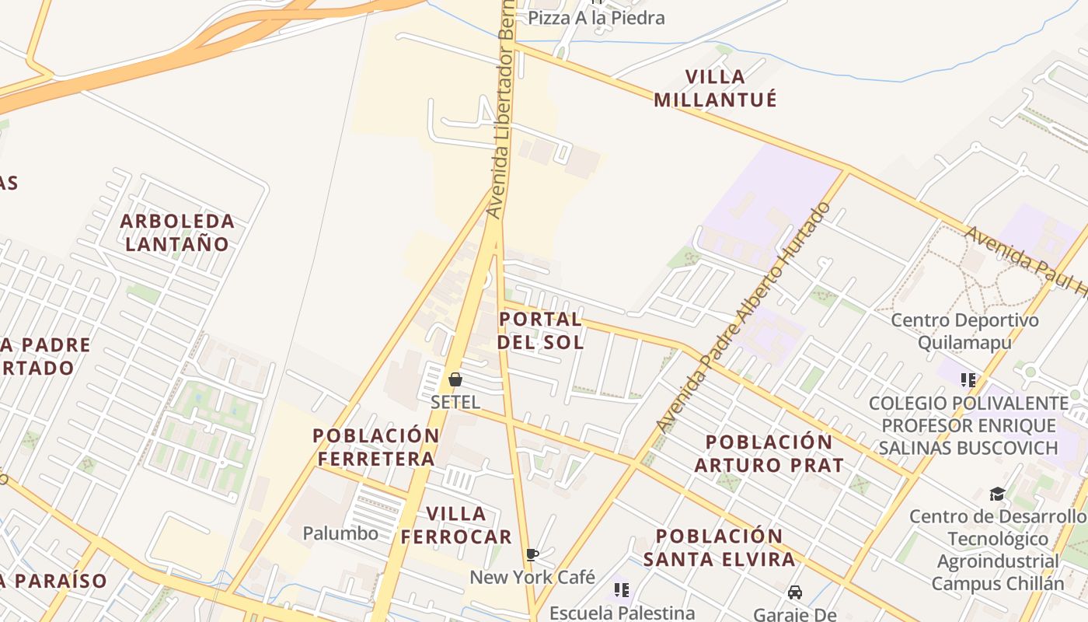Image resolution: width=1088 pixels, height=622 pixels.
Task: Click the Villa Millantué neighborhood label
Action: [x=715, y=88]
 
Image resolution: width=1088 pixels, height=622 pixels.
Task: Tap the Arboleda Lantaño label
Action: [x=177, y=232]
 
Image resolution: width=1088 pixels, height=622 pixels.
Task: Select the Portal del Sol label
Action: [x=540, y=330]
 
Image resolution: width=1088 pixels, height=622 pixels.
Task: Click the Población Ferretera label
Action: [x=376, y=447]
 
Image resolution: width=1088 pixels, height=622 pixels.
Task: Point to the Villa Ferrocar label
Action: [x=456, y=525]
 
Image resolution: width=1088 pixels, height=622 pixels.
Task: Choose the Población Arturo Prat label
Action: [x=769, y=453]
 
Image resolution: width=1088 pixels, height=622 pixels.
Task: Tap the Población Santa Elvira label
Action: [x=719, y=547]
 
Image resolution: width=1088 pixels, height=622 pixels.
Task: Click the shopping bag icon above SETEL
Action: [x=455, y=379]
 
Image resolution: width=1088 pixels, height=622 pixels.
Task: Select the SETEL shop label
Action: [x=455, y=402]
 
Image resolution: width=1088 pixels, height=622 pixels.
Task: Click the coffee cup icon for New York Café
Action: [x=532, y=554]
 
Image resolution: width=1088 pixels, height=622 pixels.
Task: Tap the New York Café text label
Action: [x=532, y=577]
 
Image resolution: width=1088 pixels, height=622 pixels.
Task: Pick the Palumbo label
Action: [x=340, y=533]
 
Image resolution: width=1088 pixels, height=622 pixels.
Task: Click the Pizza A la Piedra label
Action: [x=596, y=17]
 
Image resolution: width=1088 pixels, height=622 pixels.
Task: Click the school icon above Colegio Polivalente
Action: [x=968, y=380]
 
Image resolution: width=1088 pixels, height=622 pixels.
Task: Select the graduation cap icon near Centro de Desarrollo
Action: [x=997, y=494]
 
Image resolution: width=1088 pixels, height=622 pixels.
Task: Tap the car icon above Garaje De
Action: [x=795, y=592]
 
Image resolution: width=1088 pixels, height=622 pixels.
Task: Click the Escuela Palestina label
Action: [x=622, y=613]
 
